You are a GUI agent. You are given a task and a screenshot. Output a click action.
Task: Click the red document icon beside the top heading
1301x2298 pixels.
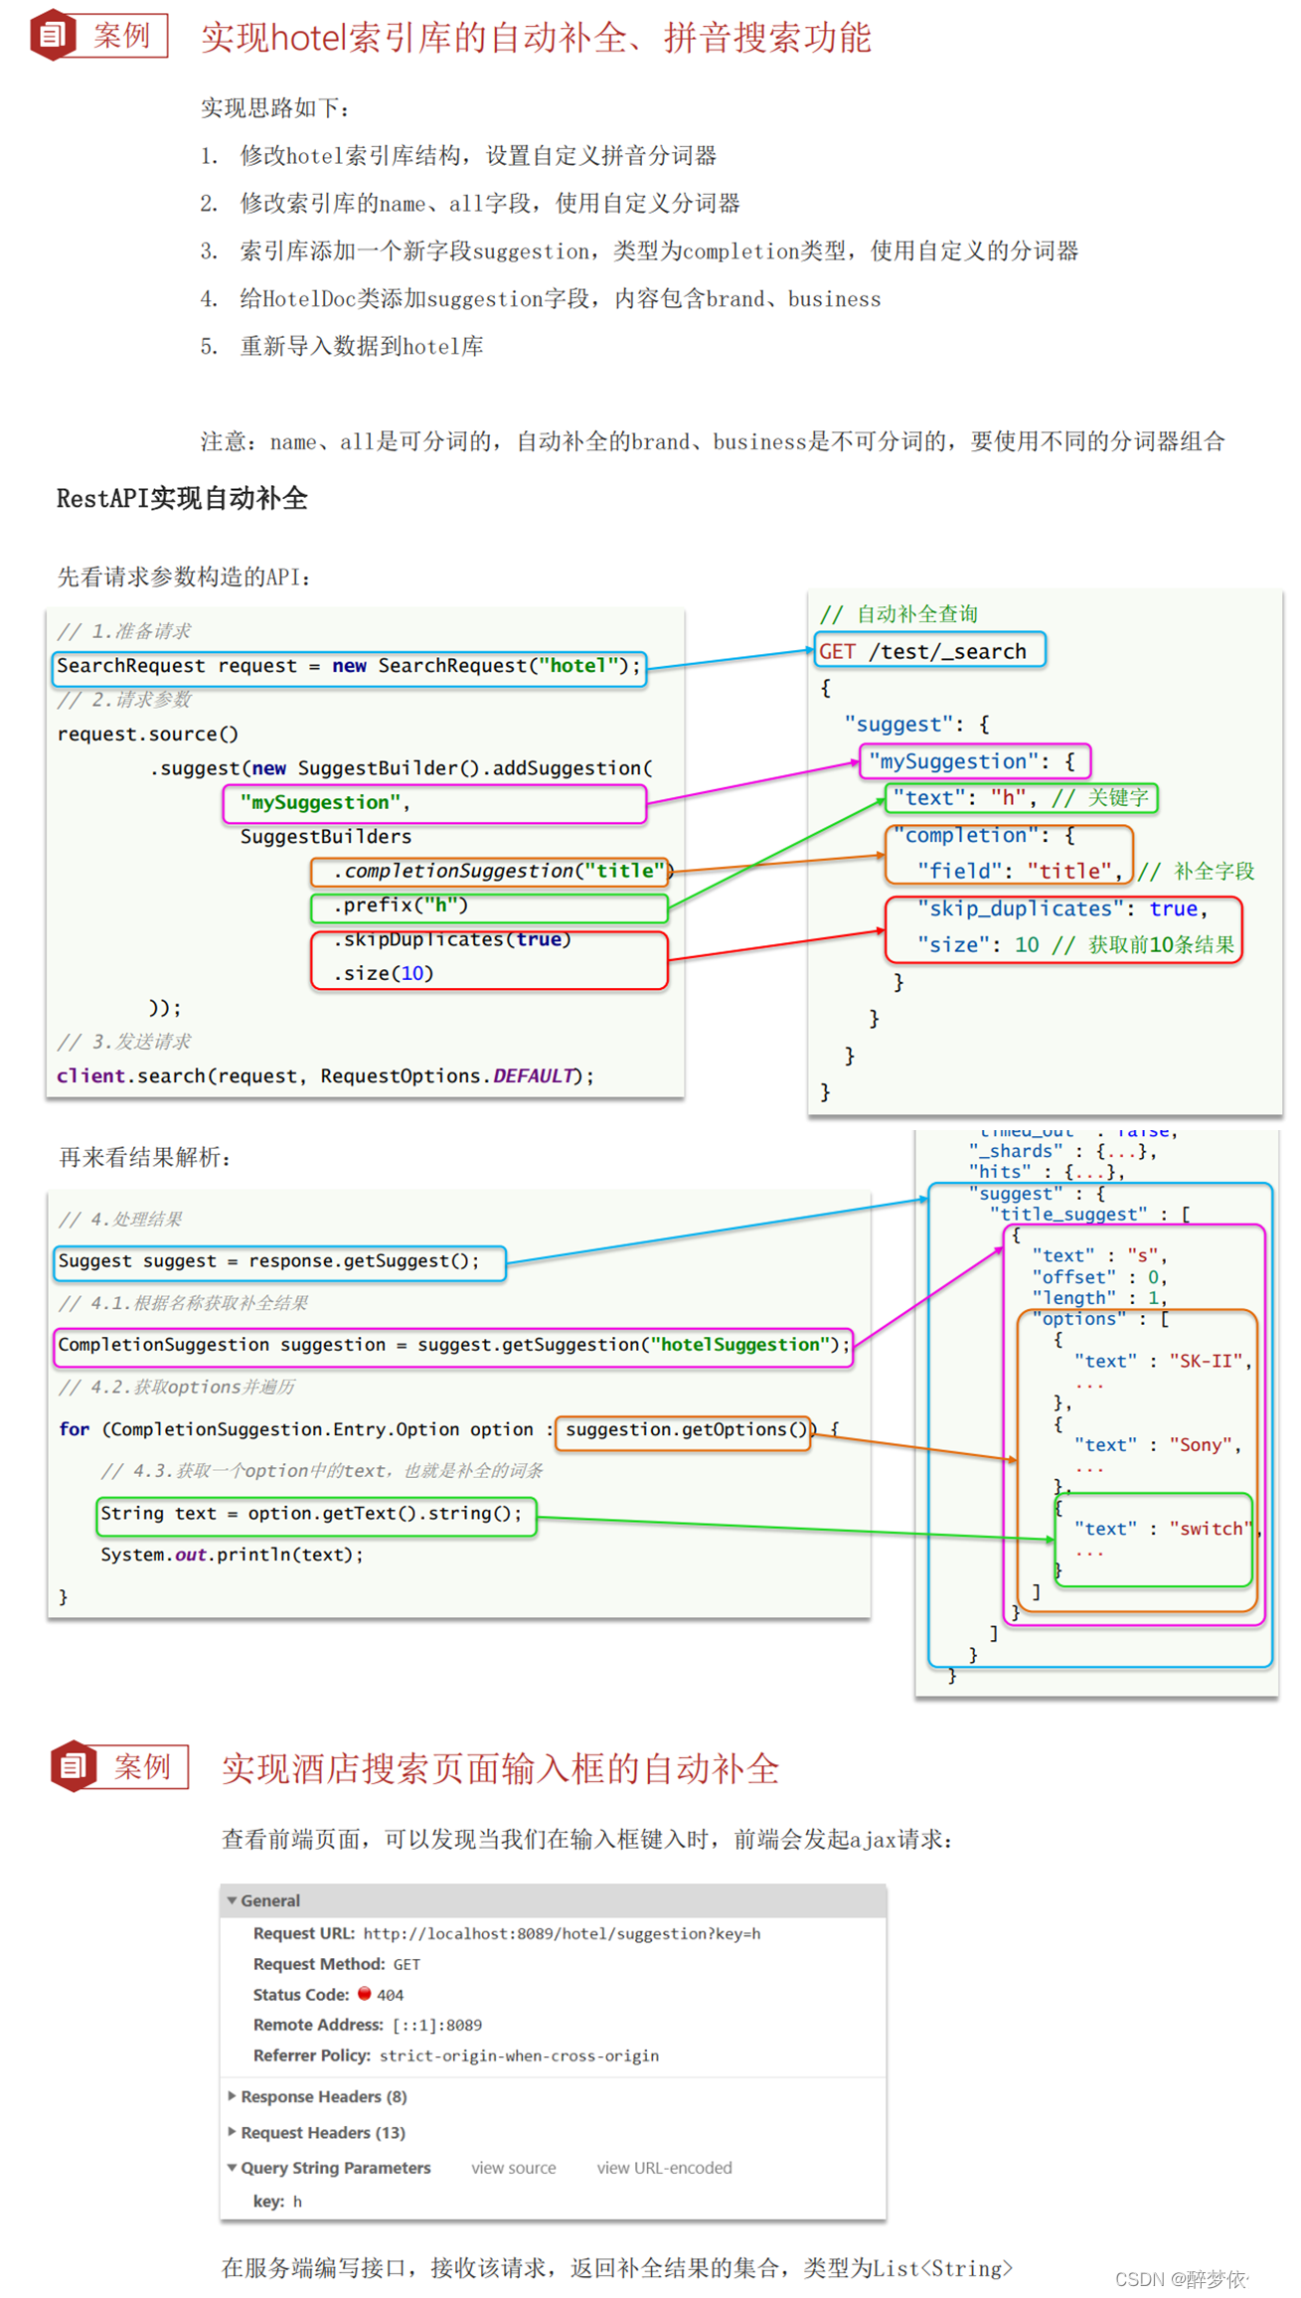pos(52,36)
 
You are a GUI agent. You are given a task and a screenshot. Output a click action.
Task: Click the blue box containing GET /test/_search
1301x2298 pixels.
pos(929,651)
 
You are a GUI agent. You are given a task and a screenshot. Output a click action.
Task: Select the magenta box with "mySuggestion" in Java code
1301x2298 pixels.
pos(434,803)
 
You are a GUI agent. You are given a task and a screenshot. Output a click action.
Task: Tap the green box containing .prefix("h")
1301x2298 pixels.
pos(488,906)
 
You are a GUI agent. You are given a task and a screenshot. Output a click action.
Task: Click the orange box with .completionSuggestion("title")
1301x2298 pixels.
pos(490,871)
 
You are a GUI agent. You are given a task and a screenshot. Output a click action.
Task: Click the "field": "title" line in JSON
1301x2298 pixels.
pos(1018,871)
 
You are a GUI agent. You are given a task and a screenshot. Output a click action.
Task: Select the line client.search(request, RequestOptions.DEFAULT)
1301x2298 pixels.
pos(325,1075)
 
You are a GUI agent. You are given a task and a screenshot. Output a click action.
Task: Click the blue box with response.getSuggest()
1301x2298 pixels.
pos(279,1261)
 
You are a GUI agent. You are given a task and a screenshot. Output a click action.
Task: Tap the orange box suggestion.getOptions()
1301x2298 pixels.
pos(684,1430)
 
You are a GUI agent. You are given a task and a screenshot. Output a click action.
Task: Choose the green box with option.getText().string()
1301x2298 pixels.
pos(316,1514)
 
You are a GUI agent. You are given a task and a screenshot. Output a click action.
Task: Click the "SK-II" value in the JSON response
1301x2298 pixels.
pos(1207,1361)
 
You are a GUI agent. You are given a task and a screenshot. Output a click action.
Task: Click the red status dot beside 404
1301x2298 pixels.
pos(365,1993)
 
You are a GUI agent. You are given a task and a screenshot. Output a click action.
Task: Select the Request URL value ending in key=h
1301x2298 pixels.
pos(562,1933)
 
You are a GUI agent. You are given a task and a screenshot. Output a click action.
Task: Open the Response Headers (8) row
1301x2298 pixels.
pos(323,2096)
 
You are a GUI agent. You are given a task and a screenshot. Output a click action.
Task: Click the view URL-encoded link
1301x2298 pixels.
pos(664,2168)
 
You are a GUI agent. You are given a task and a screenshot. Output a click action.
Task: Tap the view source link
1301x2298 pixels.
pos(513,2168)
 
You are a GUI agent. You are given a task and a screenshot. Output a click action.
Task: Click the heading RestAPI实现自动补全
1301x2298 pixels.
pos(182,499)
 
